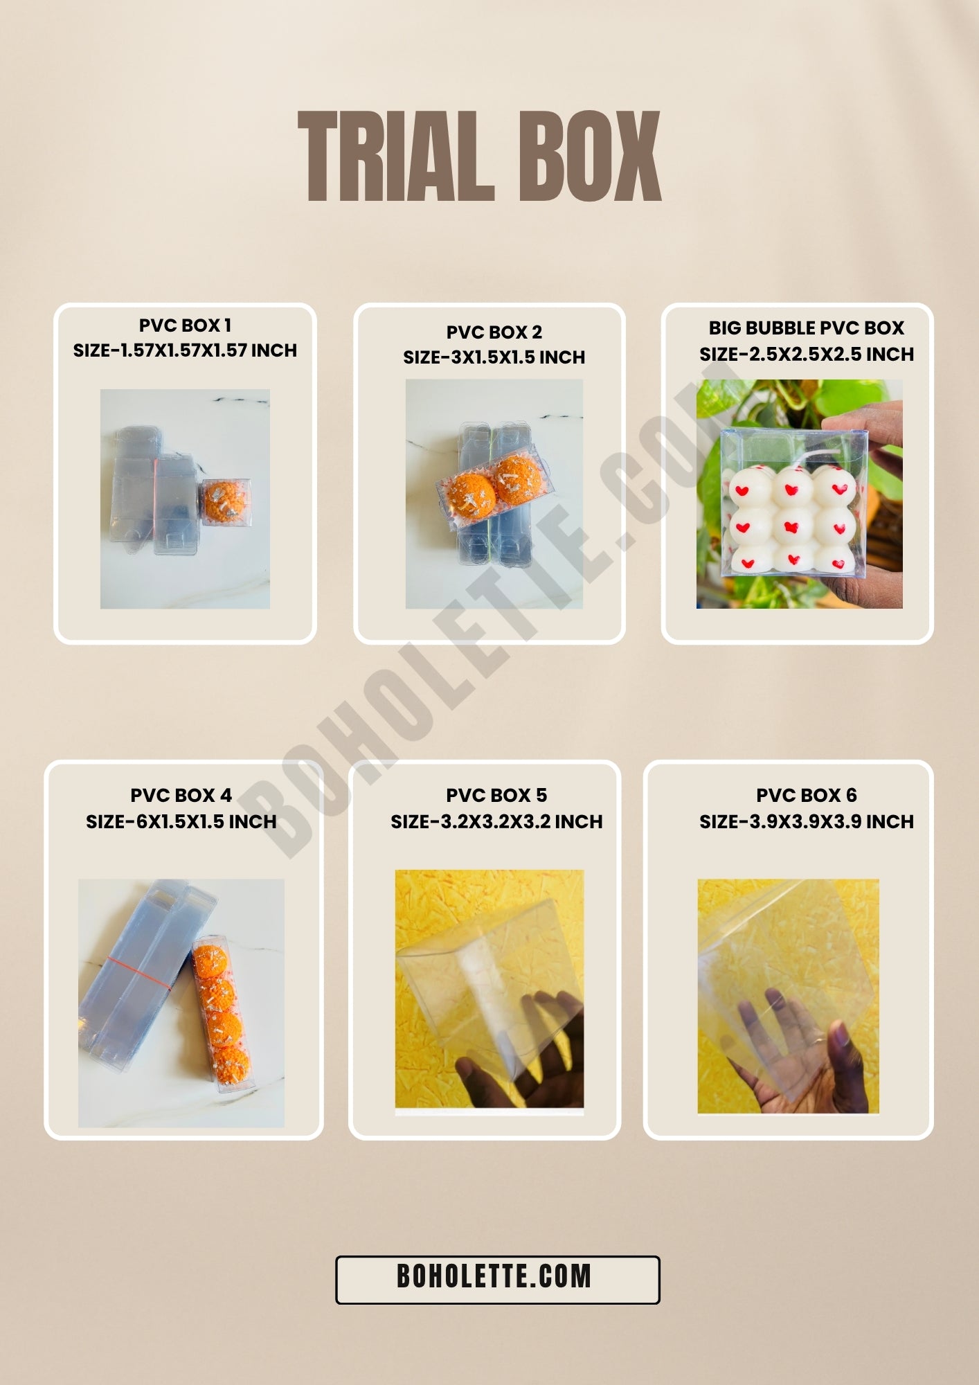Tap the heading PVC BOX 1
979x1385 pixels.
click(185, 325)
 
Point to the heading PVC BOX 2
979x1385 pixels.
click(494, 332)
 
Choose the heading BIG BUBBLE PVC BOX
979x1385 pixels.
click(806, 328)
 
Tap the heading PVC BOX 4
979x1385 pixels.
click(181, 795)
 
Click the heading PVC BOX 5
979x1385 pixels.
click(496, 795)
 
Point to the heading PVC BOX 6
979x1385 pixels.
click(806, 795)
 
